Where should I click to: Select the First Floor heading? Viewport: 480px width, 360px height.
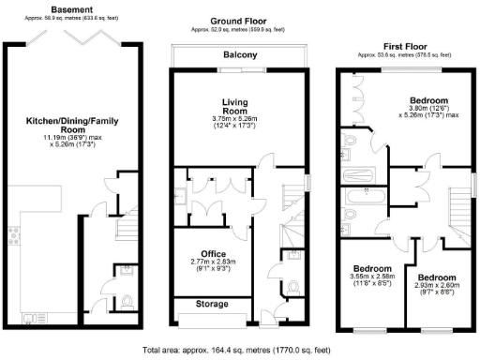[407, 46]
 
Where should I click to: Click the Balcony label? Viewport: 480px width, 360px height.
[240, 55]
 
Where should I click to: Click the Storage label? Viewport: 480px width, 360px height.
[212, 305]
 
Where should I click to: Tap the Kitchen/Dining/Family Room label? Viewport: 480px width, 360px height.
[63, 127]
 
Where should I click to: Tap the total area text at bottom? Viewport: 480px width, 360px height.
[236, 350]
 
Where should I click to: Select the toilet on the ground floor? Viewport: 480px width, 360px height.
[293, 287]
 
